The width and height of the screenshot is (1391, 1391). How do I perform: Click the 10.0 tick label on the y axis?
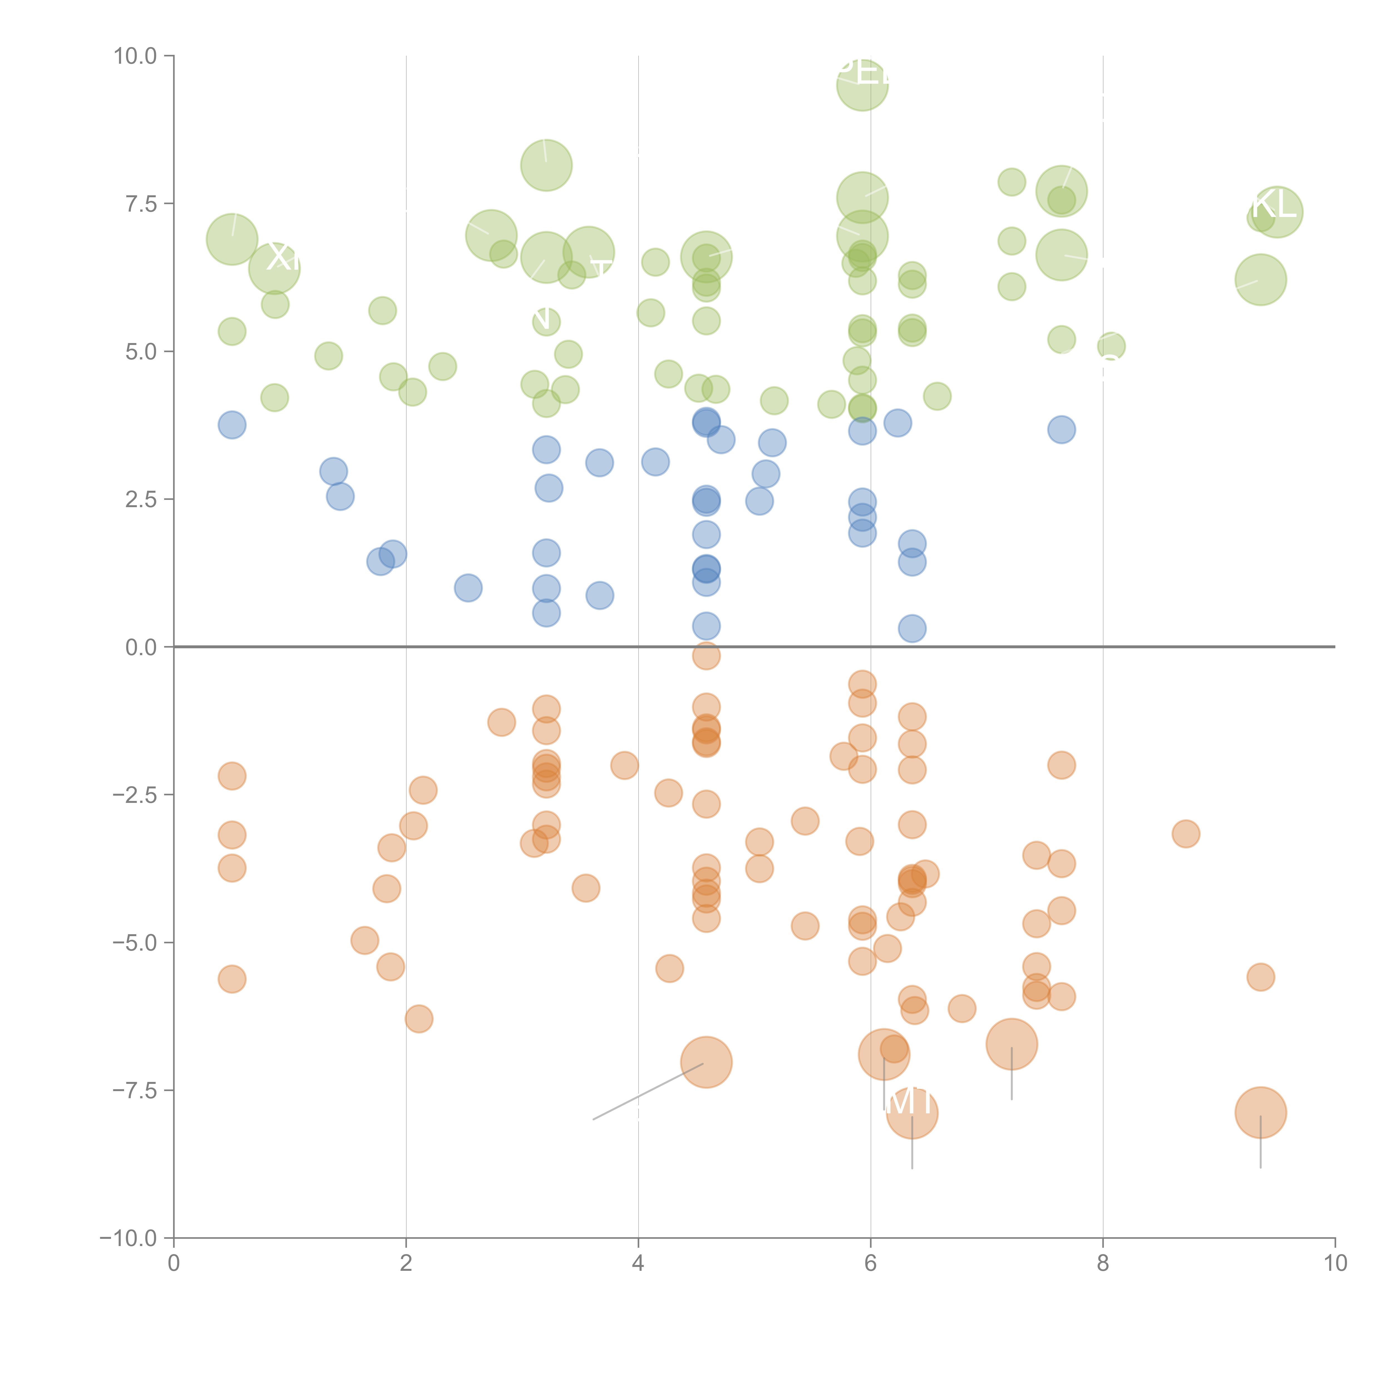click(135, 56)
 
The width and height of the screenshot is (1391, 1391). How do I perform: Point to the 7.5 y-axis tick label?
click(141, 204)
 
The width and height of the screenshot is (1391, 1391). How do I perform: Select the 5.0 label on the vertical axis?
click(141, 352)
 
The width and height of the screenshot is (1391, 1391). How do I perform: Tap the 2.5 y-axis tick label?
click(141, 500)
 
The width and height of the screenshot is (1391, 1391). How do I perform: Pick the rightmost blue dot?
click(1061, 430)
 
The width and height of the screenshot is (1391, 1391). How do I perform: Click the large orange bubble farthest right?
click(1260, 1112)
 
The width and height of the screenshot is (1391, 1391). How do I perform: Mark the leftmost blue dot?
click(232, 425)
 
